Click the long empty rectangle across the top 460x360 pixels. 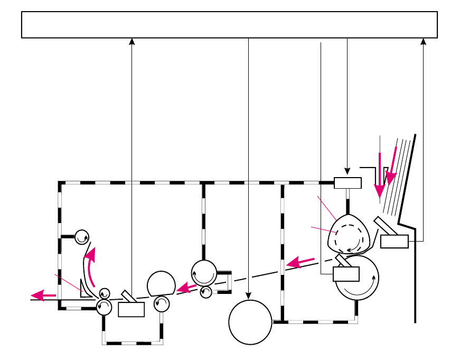[x=229, y=25]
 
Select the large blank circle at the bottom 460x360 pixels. [x=250, y=322]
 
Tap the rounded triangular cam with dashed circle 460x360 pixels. [x=348, y=235]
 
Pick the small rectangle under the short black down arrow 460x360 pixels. [x=348, y=183]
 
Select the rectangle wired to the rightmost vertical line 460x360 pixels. [x=394, y=242]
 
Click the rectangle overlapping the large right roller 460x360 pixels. [x=346, y=274]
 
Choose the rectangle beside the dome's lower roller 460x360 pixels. [x=132, y=309]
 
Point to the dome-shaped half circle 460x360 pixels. [x=162, y=284]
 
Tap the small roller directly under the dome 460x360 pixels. [x=161, y=303]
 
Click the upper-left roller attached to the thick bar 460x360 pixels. [x=82, y=237]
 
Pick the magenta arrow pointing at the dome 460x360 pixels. [x=187, y=288]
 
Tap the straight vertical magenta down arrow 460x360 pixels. [x=379, y=174]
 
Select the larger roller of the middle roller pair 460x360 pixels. [x=204, y=273]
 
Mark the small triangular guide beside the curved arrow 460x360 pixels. [x=83, y=289]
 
